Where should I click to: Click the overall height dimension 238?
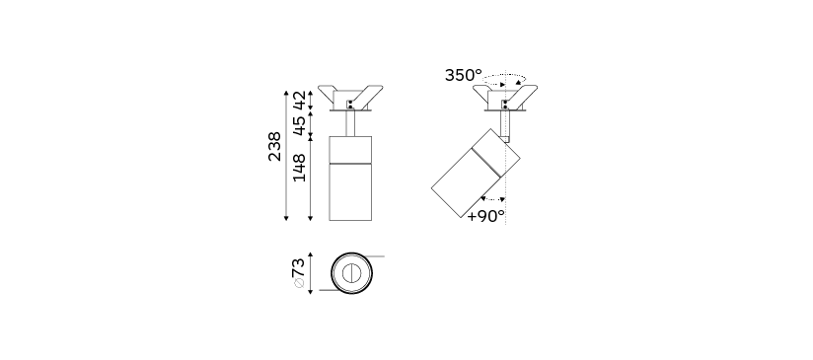(275, 147)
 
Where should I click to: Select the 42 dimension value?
(299, 100)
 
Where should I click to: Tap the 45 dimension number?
(299, 125)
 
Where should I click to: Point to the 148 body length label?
(299, 168)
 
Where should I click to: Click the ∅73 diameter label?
(298, 273)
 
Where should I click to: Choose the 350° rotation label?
(463, 75)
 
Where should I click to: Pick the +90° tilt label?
(485, 216)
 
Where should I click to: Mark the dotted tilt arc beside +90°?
(492, 199)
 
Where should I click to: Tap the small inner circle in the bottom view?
(351, 273)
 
